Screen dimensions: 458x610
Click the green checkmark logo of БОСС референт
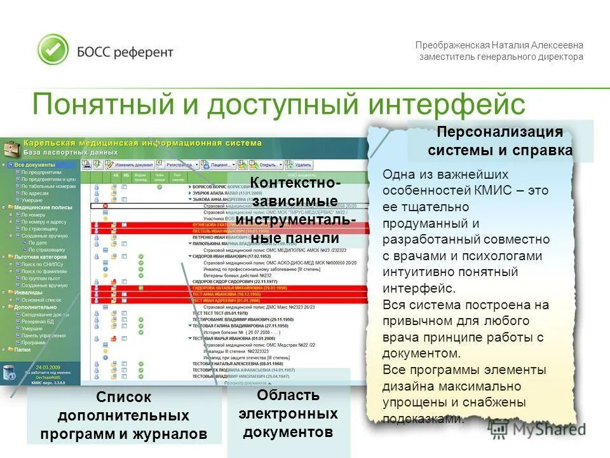pyautogui.click(x=53, y=50)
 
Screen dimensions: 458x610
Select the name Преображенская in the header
pyautogui.click(x=452, y=45)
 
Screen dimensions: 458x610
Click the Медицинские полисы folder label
pyautogui.click(x=43, y=207)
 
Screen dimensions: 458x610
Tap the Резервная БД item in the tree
pyautogui.click(x=37, y=321)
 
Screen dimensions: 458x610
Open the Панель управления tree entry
pyautogui.click(x=43, y=335)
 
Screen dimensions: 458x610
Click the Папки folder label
pyautogui.click(x=22, y=349)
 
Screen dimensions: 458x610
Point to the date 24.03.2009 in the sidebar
pyautogui.click(x=48, y=368)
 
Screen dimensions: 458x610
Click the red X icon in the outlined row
pyautogui.click(x=105, y=206)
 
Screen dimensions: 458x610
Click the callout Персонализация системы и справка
pyautogui.click(x=500, y=141)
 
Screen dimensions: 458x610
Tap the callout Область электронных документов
pyautogui.click(x=288, y=413)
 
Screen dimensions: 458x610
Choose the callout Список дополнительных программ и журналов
pyautogui.click(x=124, y=416)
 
